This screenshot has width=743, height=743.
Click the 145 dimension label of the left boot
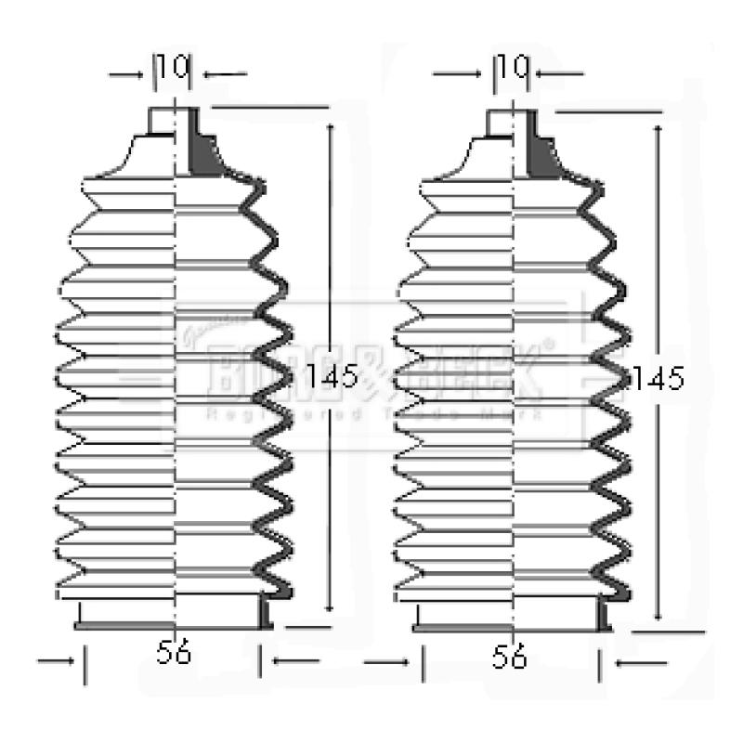click(x=333, y=376)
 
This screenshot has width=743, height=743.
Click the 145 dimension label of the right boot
click(x=658, y=378)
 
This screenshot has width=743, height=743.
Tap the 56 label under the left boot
click(x=174, y=654)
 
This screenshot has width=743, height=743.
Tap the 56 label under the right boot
click(x=510, y=658)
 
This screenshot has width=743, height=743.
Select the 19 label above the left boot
click(x=173, y=68)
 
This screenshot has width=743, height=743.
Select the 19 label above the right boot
click(x=511, y=68)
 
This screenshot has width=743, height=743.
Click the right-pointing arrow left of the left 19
click(x=130, y=73)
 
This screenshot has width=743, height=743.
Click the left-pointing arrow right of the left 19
click(x=225, y=73)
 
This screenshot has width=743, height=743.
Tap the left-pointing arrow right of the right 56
click(x=641, y=662)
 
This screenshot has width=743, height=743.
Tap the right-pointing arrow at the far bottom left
click(x=56, y=662)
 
